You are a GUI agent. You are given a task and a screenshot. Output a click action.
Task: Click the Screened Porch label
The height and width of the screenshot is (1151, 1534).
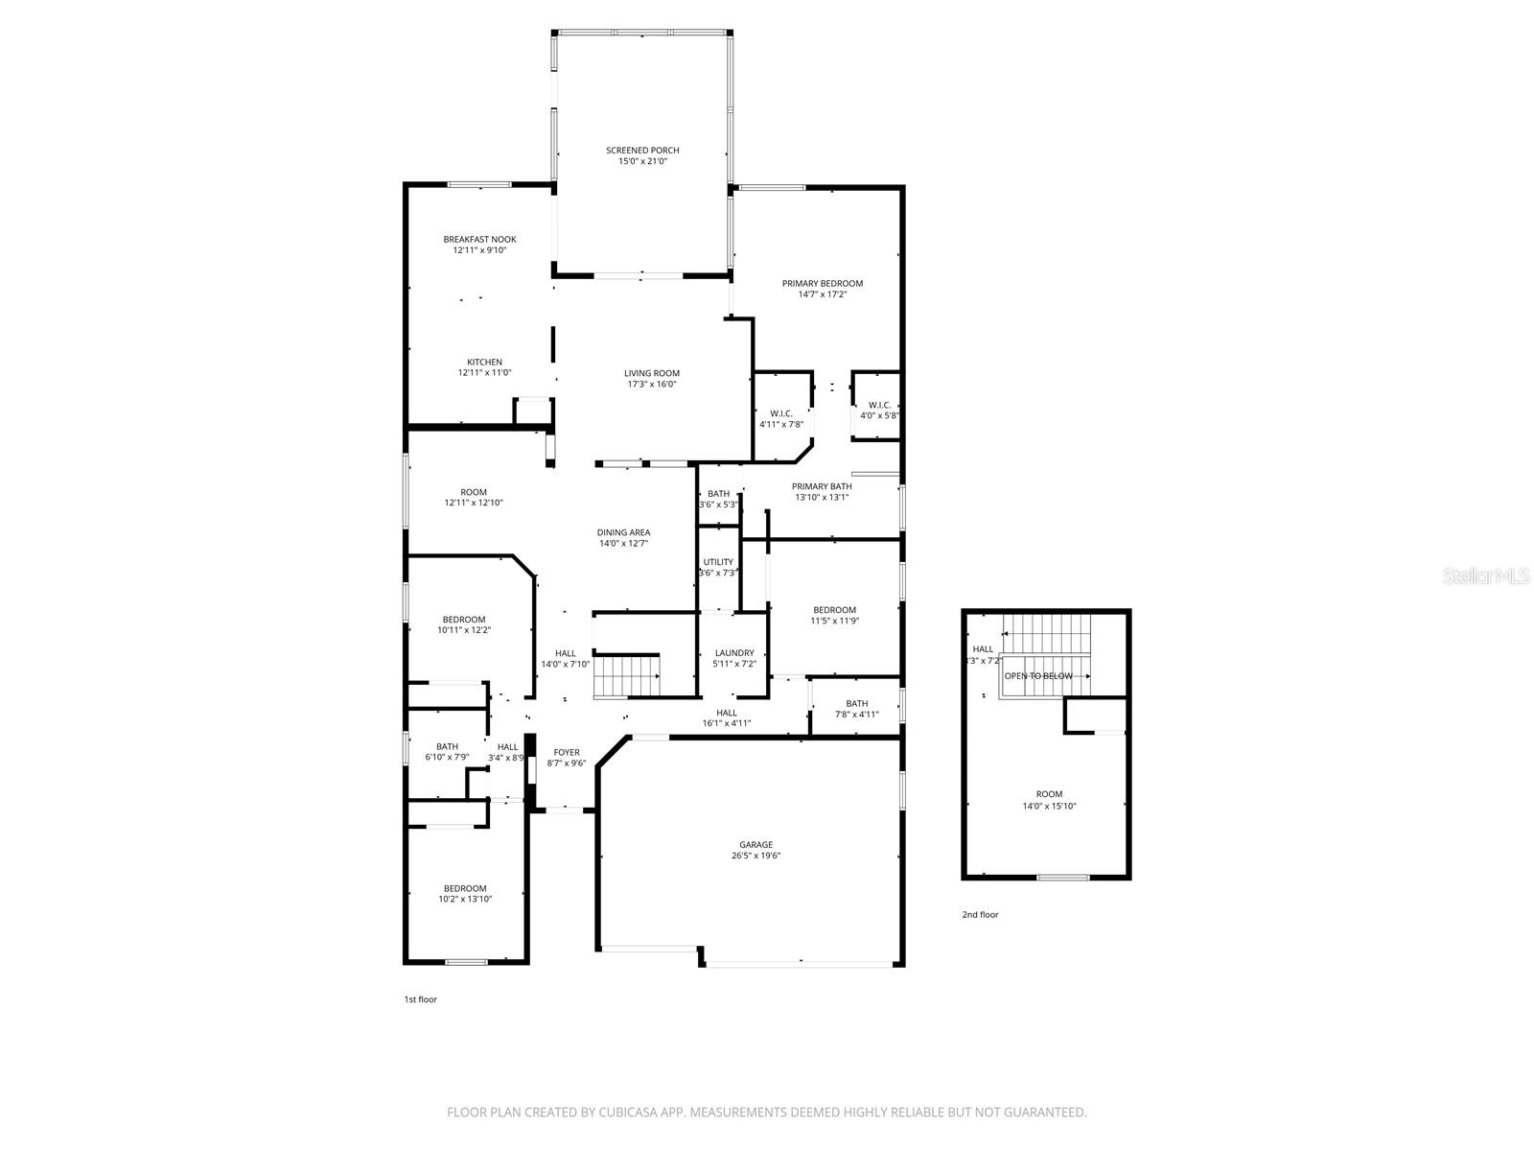tap(642, 151)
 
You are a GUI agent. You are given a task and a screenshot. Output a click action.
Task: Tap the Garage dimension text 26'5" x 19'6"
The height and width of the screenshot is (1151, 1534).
tap(755, 856)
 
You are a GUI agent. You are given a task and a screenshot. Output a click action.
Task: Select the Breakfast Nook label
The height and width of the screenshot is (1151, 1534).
tap(479, 239)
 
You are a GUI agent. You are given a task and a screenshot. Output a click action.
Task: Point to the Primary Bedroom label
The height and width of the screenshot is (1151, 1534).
tap(822, 283)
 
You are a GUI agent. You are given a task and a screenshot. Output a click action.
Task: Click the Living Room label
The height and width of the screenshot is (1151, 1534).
tap(651, 373)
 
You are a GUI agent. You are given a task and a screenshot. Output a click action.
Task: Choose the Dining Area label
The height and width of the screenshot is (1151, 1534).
tap(623, 532)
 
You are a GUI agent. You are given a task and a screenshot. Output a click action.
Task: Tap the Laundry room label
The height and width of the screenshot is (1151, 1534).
tap(733, 653)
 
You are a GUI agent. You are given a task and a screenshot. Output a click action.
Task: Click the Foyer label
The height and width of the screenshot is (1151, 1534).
tap(566, 752)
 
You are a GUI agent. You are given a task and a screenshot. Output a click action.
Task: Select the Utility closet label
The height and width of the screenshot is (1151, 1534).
tap(718, 562)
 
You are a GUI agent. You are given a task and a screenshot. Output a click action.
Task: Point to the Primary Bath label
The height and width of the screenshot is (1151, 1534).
tap(822, 486)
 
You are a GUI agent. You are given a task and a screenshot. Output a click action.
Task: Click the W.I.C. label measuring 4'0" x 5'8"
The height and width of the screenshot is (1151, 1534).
tap(879, 405)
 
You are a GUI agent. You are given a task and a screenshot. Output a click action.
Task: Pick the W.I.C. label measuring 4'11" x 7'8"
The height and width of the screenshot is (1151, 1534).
tap(780, 413)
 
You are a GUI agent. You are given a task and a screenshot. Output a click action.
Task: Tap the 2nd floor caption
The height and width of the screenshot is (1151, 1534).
tap(980, 915)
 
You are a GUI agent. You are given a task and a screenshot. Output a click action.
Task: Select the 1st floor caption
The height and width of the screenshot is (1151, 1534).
tap(420, 999)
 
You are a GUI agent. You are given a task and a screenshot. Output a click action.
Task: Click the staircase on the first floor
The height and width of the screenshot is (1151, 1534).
tap(627, 675)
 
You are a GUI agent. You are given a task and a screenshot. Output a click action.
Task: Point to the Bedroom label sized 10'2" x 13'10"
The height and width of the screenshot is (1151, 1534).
tap(464, 888)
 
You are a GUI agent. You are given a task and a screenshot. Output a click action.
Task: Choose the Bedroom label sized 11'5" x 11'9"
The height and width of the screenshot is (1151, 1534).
tap(834, 610)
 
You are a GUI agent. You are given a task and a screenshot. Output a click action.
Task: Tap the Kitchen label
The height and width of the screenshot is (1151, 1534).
tap(484, 362)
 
